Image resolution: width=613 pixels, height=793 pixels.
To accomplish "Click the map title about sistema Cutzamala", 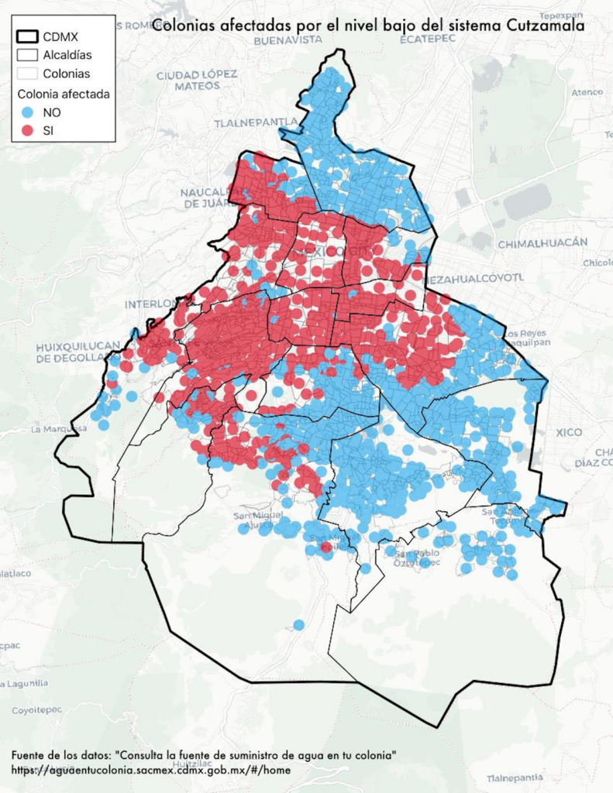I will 368,25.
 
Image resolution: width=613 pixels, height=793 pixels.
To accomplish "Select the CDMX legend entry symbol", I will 29,36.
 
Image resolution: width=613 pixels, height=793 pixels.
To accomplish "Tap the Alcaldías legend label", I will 67,55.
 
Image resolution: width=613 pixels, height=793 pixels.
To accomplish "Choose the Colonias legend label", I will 67,74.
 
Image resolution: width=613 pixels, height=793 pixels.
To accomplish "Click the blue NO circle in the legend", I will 29,112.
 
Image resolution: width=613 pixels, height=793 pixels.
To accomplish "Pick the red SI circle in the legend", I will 29,131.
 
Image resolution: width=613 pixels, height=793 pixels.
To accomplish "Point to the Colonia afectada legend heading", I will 64,94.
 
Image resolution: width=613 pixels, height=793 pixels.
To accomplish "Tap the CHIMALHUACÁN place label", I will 542,243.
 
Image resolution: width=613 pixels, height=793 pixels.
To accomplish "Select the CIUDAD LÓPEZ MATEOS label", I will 196,80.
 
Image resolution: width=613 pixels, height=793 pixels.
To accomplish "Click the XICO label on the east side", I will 572,432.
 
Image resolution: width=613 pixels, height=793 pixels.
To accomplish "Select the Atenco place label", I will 587,92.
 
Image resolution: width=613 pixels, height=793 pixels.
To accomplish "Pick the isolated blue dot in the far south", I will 299,624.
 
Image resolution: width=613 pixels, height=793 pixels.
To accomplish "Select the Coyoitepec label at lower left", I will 31,709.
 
